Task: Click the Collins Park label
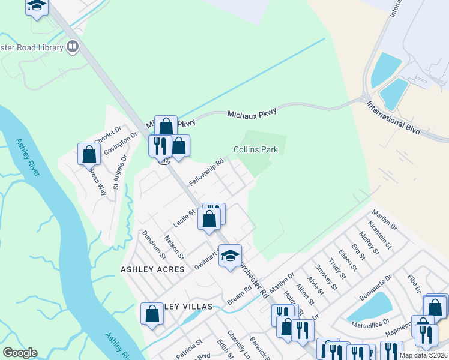click(x=256, y=149)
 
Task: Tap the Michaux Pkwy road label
click(x=252, y=113)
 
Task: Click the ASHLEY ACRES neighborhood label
click(x=152, y=270)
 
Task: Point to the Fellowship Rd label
click(x=206, y=172)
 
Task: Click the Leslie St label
click(x=184, y=214)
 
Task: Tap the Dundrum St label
click(x=154, y=246)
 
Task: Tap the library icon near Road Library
click(x=73, y=46)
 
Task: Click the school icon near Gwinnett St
click(x=229, y=256)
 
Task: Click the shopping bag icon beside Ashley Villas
click(x=152, y=313)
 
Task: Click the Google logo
click(x=20, y=353)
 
